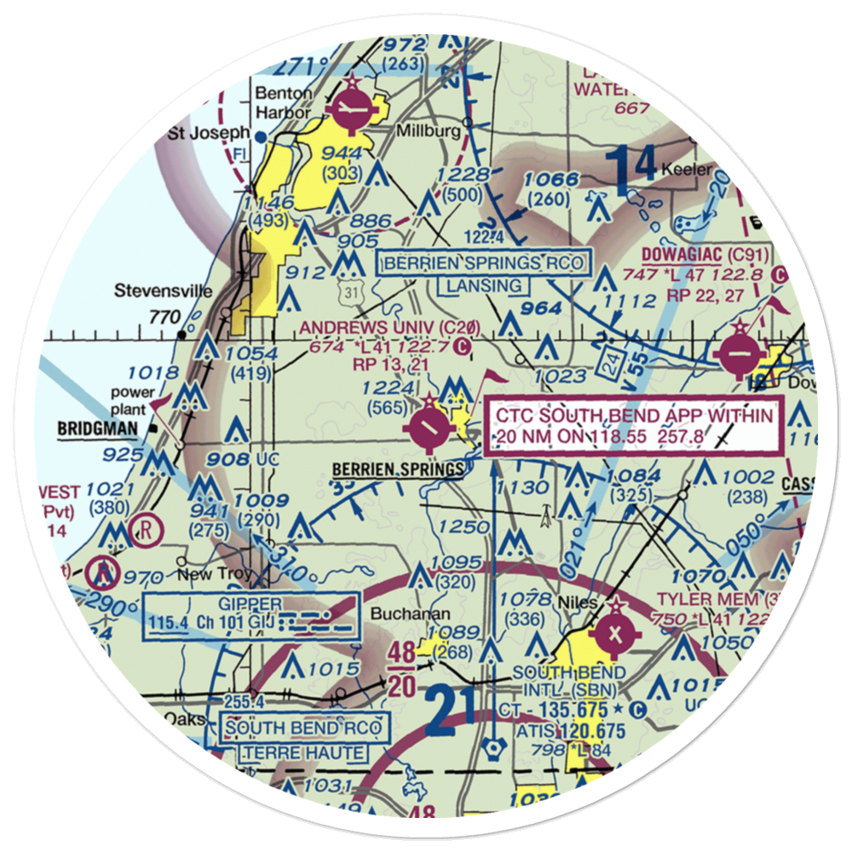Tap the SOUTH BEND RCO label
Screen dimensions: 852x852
pyautogui.click(x=304, y=727)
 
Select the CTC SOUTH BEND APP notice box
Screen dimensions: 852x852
pyautogui.click(x=634, y=426)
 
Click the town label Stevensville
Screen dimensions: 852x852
pyautogui.click(x=164, y=291)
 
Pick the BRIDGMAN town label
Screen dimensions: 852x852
pyautogui.click(x=98, y=429)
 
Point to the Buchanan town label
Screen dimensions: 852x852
pyautogui.click(x=400, y=613)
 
